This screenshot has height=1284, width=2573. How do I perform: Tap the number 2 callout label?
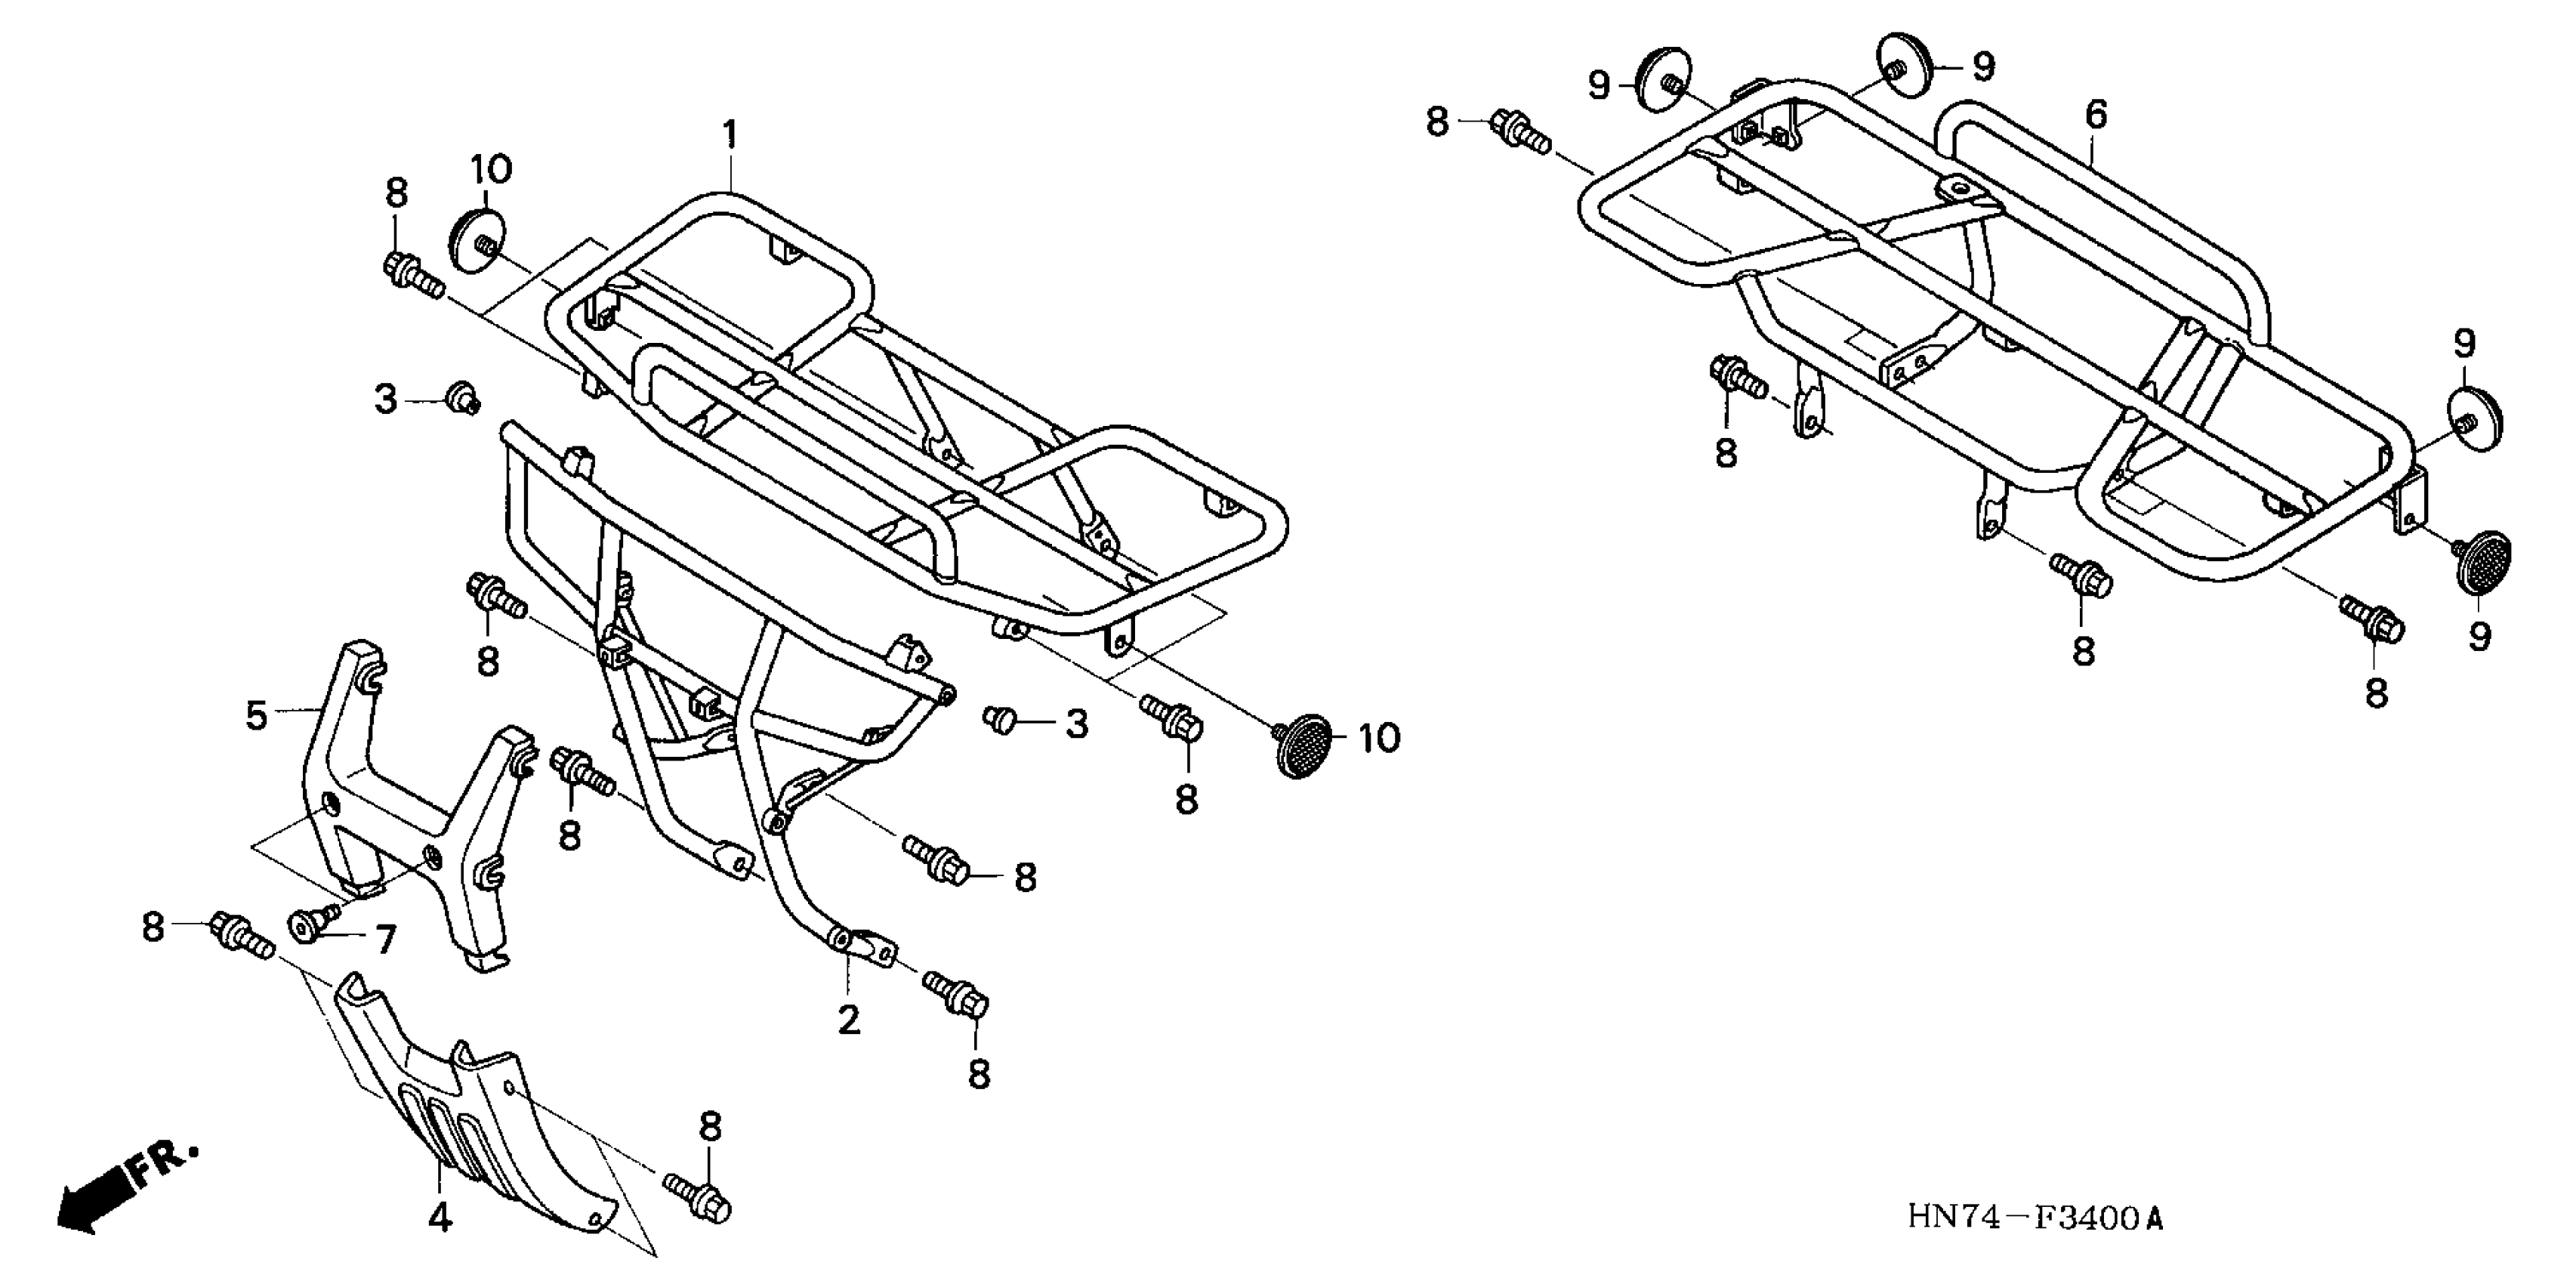pos(848,1020)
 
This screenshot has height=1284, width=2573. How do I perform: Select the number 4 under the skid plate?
pos(440,1216)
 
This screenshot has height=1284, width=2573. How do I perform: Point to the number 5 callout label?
pos(257,715)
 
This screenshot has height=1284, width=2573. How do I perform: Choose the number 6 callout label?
pos(2096,115)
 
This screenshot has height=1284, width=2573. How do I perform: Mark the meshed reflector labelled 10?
pos(1303,745)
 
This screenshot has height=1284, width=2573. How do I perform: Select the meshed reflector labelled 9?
pos(2483,562)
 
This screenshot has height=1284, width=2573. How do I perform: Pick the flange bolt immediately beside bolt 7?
pos(239,934)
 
